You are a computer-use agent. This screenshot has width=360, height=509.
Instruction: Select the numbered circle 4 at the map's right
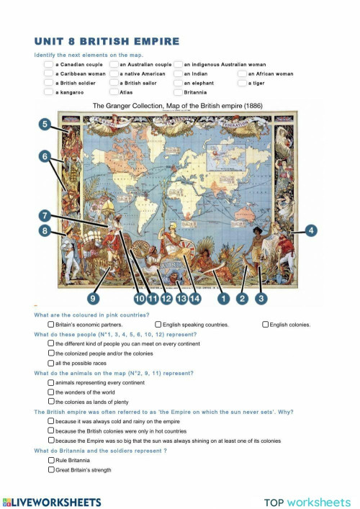[x=312, y=230]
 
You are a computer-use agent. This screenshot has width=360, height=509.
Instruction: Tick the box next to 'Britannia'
[x=177, y=92]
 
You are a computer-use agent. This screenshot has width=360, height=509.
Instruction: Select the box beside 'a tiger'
[x=241, y=83]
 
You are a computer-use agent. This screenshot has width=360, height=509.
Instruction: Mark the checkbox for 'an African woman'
[x=241, y=73]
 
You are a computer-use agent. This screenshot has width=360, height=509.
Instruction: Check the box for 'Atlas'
[x=114, y=92]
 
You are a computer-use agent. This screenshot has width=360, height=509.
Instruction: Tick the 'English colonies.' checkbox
[x=266, y=325]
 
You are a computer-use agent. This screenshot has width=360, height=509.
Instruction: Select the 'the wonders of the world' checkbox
[x=50, y=392]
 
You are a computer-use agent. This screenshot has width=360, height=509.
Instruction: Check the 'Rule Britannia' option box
[x=50, y=459]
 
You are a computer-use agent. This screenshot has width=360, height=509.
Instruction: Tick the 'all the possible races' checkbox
[x=50, y=363]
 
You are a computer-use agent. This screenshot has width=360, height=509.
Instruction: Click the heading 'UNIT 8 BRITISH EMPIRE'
[x=107, y=42]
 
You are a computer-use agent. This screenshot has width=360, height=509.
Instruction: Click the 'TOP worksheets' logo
[x=307, y=502]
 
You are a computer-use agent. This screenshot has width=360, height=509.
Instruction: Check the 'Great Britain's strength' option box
[x=50, y=469]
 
